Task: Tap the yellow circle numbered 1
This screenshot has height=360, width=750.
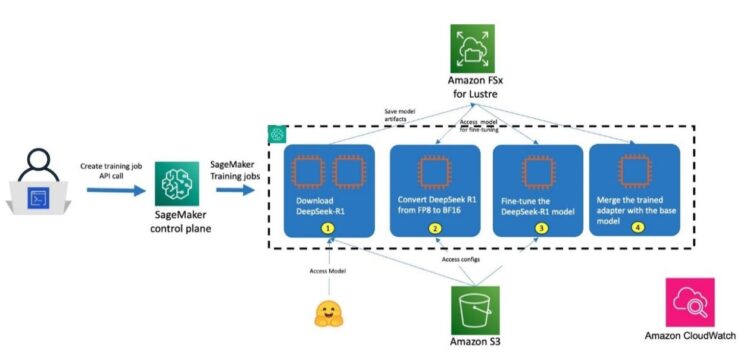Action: (x=326, y=227)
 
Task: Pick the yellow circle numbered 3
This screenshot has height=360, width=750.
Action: (x=539, y=227)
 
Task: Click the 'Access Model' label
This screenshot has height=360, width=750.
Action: (x=326, y=271)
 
